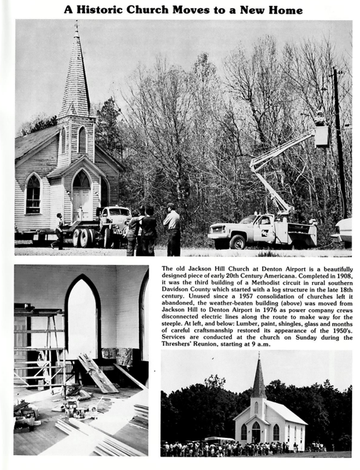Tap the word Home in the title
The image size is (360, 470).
[x=285, y=10]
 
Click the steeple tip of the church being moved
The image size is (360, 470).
[x=76, y=25]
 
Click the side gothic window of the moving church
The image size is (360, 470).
[x=33, y=195]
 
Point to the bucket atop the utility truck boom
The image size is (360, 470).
[x=321, y=136]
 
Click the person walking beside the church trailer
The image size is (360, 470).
[x=59, y=231]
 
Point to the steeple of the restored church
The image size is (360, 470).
[x=258, y=378]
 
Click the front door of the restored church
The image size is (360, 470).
[x=256, y=433]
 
